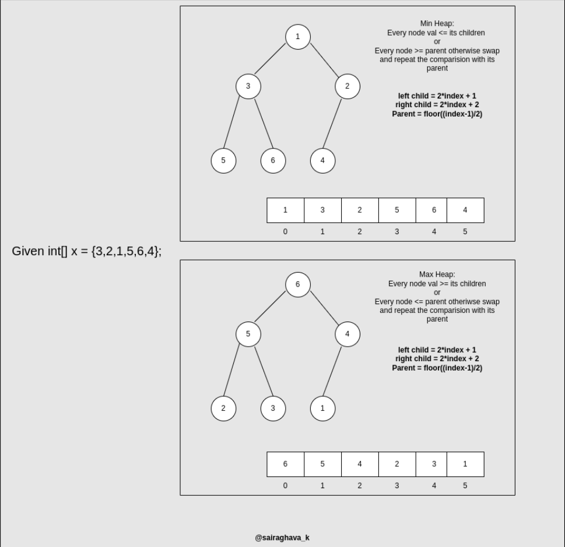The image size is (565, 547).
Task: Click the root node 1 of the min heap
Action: coord(297,37)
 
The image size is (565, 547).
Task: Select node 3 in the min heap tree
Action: coord(248,87)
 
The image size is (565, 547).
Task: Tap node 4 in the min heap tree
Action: coord(322,161)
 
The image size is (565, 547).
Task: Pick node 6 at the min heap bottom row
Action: coord(273,161)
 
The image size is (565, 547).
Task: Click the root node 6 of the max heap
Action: coord(297,284)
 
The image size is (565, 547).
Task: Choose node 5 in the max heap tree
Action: coord(248,334)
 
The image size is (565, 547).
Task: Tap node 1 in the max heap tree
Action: coord(322,408)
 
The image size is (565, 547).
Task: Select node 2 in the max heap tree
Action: coord(223,408)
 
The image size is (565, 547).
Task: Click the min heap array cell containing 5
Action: coord(397,210)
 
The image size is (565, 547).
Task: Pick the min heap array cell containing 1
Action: coord(285,210)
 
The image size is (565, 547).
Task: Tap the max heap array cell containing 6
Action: coord(285,464)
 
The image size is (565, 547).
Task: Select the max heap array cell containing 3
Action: coord(434,464)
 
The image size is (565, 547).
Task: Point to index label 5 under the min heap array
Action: coord(465,232)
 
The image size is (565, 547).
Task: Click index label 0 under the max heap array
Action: coord(285,485)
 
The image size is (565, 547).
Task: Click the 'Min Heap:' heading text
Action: coord(437,24)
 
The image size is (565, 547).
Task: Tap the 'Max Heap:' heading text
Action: coord(437,274)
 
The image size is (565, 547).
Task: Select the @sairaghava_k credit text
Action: coord(282,538)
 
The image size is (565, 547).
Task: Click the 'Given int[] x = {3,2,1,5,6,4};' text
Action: coord(87,252)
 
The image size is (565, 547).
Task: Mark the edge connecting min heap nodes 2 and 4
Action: coord(332,123)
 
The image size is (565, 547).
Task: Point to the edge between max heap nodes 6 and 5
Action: coord(271,306)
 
